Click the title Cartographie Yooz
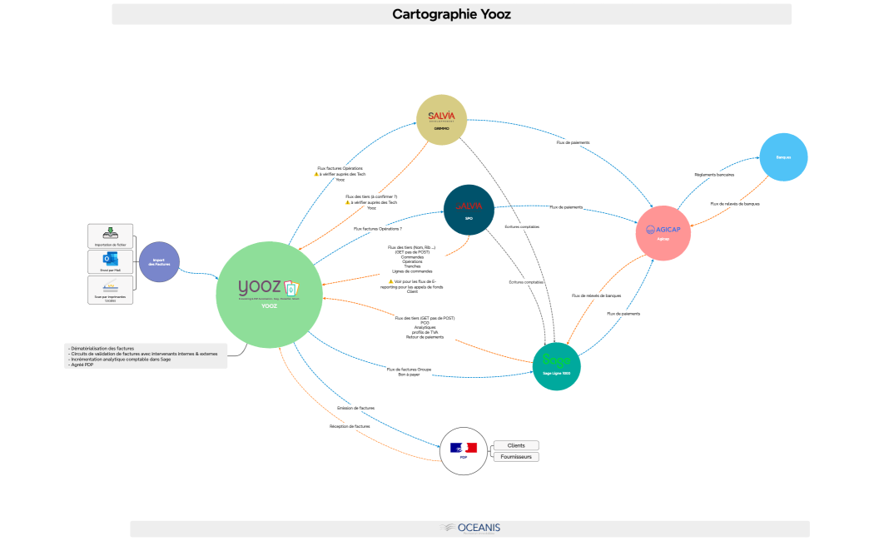point(451,14)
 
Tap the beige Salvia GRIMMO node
point(441,119)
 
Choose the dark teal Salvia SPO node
point(469,209)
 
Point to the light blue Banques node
point(783,156)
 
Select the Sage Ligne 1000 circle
point(556,365)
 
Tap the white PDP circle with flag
point(463,450)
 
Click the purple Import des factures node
point(159,262)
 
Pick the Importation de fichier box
point(110,236)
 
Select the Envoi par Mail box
point(110,261)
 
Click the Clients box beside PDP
point(516,445)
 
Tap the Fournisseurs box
point(516,456)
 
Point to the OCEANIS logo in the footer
point(470,528)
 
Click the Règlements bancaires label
point(713,175)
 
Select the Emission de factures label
point(355,408)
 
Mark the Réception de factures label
point(350,426)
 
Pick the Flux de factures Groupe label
point(408,371)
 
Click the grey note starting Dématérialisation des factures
point(145,356)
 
